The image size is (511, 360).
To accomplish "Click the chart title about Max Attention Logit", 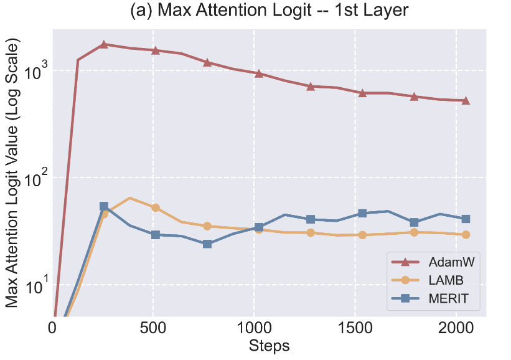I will pos(269,11).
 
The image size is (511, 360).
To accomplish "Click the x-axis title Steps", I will pos(269,345).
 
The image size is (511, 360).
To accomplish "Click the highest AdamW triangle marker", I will pos(104,44).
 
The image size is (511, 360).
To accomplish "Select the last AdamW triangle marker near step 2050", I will pos(465,100).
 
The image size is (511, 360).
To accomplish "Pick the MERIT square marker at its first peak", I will pos(104,206).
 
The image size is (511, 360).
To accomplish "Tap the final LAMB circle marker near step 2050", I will pos(465,234).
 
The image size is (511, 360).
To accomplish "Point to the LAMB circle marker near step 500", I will pos(156,207).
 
